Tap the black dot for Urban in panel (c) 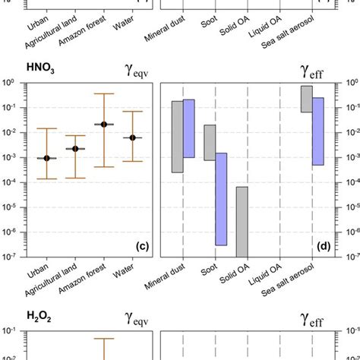[x=47, y=158]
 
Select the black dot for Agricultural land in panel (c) [x=75, y=149]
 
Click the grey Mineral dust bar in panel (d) [x=177, y=137]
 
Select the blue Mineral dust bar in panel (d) [x=189, y=128]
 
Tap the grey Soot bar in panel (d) [x=210, y=142]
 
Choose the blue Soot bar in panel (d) [x=221, y=199]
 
